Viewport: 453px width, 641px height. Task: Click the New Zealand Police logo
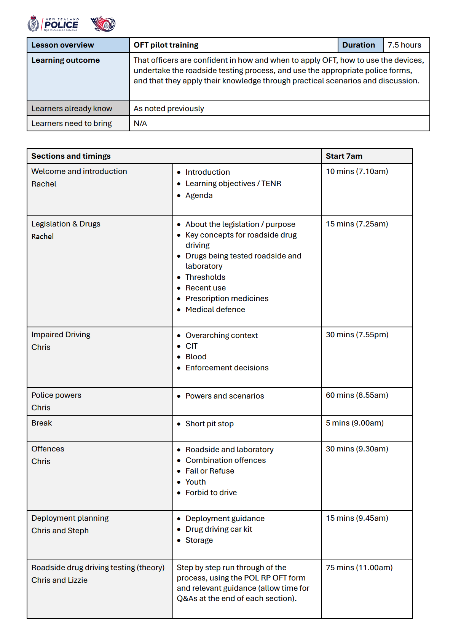54,24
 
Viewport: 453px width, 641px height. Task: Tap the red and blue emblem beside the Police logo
103,24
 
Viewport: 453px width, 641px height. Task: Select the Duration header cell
358,45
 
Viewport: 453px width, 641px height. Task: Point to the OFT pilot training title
166,45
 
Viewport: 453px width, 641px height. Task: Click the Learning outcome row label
65,60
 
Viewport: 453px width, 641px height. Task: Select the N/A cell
140,123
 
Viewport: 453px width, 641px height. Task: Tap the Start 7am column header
344,156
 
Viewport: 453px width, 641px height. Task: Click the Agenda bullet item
199,195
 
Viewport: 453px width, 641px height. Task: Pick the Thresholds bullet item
205,277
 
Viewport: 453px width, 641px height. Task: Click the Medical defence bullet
215,309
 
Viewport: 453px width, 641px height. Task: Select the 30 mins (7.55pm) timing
357,335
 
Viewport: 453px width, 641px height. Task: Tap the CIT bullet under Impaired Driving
191,346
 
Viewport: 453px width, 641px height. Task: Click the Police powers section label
56,395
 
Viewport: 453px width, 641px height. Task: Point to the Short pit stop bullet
209,424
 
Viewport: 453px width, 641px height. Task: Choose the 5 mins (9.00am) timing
354,423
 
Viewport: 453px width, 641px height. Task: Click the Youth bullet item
195,482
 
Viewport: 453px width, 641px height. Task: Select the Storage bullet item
199,540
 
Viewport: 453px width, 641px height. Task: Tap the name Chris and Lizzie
59,580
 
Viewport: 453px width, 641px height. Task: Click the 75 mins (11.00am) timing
359,568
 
